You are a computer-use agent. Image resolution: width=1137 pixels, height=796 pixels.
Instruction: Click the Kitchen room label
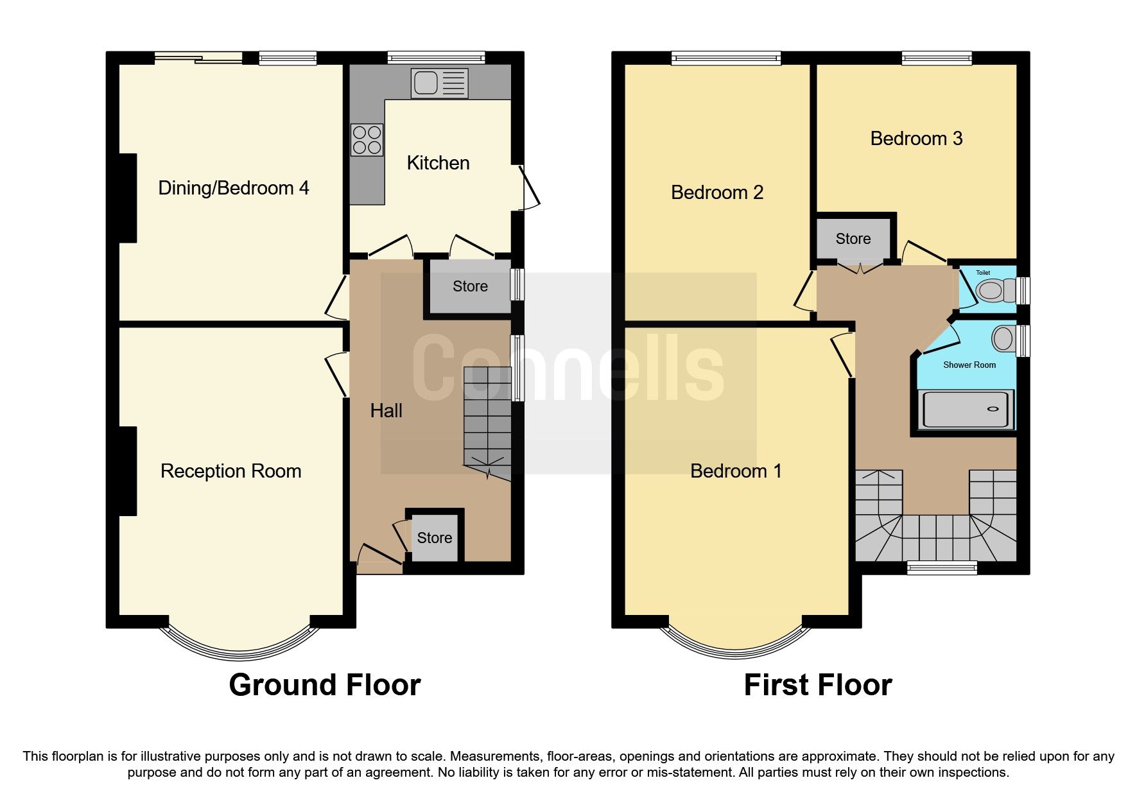(438, 163)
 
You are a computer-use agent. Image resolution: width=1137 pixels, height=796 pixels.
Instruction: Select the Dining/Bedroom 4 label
(233, 188)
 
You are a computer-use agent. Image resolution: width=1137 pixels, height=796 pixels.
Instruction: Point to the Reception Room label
(230, 471)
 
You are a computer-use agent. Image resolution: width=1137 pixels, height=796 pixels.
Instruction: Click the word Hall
(386, 411)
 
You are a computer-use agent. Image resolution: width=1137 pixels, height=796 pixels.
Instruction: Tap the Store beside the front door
(434, 538)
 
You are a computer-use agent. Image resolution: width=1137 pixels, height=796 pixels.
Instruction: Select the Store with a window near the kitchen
(470, 286)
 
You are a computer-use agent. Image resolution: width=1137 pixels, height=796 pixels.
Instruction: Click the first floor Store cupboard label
(853, 239)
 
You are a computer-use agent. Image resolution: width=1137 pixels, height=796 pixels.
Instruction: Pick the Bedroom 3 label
(916, 139)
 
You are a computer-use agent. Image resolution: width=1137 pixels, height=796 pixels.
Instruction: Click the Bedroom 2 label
(716, 193)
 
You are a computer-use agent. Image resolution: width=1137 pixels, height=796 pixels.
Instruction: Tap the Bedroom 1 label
(736, 471)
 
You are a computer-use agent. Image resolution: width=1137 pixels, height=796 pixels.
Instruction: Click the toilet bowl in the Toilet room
(991, 291)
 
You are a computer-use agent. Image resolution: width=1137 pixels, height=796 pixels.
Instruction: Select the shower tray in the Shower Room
(968, 410)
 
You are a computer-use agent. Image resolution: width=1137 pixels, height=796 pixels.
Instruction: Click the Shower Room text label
(969, 365)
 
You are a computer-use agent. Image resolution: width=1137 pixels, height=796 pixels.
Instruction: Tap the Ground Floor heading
(324, 685)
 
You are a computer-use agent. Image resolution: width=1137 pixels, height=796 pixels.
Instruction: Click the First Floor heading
(817, 685)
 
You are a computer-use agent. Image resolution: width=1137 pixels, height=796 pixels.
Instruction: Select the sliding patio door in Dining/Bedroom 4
(198, 58)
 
